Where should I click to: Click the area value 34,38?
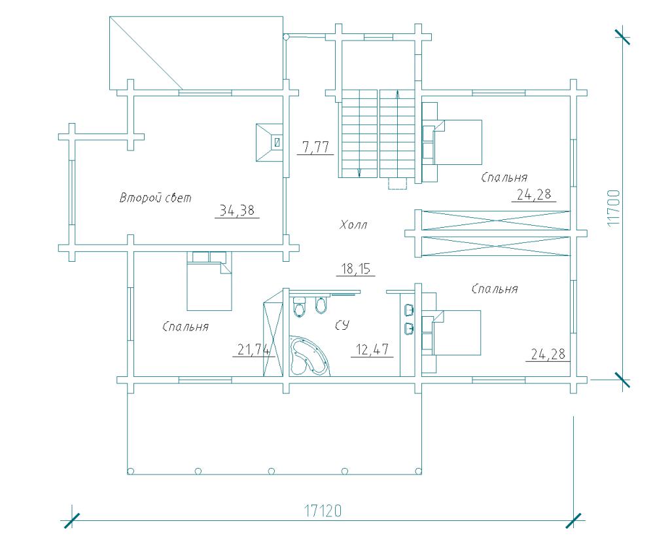[237, 210]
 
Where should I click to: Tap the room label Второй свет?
[156, 198]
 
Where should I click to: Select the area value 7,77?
[315, 147]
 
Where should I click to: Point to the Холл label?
[353, 225]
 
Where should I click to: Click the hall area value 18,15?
[355, 269]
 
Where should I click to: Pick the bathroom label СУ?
[342, 326]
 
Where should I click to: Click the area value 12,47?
[372, 349]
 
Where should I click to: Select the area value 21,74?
[254, 350]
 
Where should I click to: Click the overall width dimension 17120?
[323, 510]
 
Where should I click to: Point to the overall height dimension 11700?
[613, 208]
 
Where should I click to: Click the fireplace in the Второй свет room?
[269, 143]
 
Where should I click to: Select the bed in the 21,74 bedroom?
[209, 281]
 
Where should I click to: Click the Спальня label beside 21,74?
[185, 327]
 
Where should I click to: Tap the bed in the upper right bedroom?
[452, 142]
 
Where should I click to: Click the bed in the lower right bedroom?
[451, 333]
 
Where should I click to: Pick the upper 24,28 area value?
[534, 195]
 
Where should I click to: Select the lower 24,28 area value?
[548, 354]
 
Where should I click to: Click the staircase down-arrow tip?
[359, 176]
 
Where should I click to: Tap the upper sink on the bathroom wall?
[409, 309]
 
